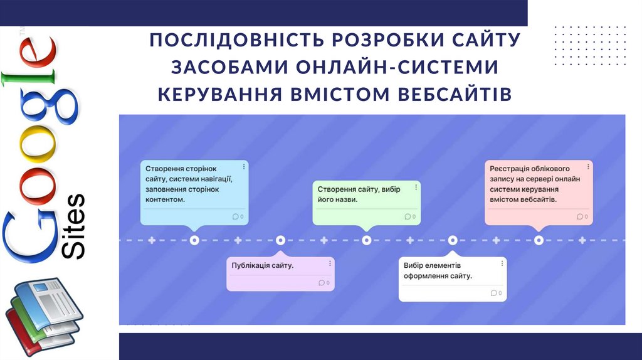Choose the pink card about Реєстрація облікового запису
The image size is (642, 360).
(x=539, y=192)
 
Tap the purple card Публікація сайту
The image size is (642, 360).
(x=280, y=273)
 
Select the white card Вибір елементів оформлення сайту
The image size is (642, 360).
(x=453, y=279)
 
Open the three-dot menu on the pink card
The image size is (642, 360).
(x=588, y=166)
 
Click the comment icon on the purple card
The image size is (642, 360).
(x=322, y=282)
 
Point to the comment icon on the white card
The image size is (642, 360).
(x=494, y=293)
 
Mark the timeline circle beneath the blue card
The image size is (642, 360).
(x=194, y=240)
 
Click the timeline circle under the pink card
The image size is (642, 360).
(x=539, y=240)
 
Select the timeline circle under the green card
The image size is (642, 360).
(x=366, y=240)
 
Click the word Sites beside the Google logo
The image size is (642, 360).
(x=74, y=226)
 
